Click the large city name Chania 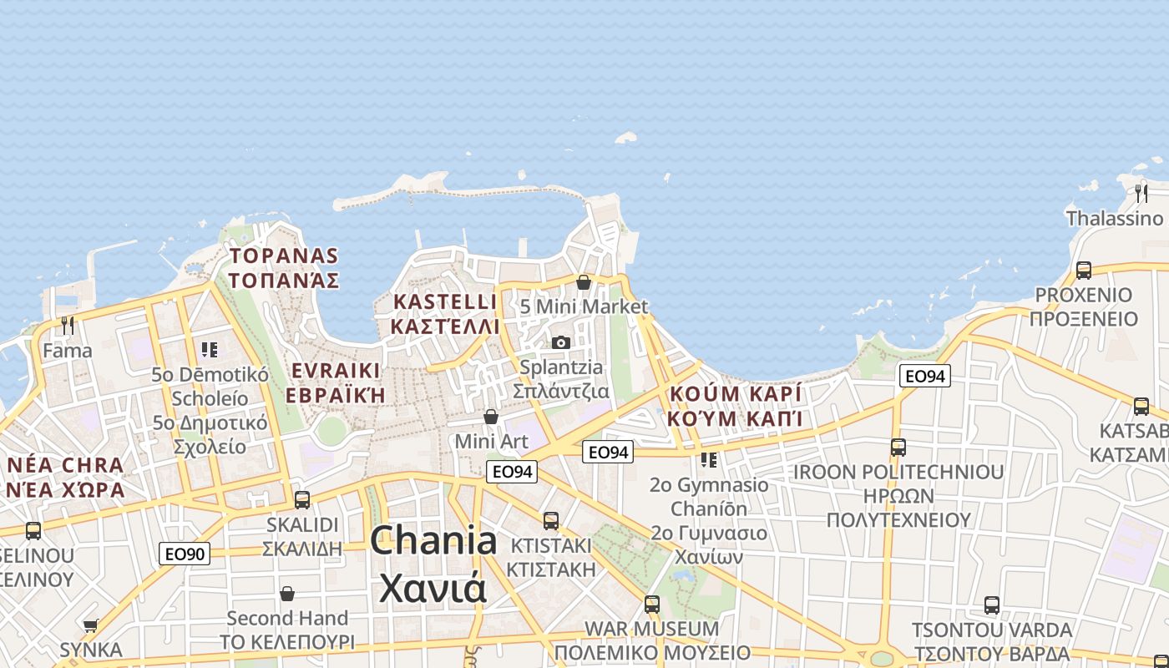[x=433, y=541]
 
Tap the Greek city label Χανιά [x=433, y=587]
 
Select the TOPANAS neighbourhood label [x=284, y=256]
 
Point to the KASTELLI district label [x=445, y=301]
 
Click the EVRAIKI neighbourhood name [x=336, y=371]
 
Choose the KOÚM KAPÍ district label [x=735, y=393]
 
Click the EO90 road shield [x=185, y=553]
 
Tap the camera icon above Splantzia [x=561, y=342]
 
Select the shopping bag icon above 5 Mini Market [x=584, y=282]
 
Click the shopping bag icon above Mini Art [x=491, y=416]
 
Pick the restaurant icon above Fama [x=68, y=326]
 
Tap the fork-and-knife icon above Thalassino [x=1141, y=194]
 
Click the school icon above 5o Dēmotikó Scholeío [x=210, y=349]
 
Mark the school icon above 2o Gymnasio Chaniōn [x=709, y=459]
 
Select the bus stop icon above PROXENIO [x=1083, y=270]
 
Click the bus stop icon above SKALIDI [x=302, y=499]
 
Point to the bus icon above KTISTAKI [x=551, y=520]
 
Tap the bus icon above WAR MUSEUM [x=652, y=603]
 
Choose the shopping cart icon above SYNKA [x=91, y=625]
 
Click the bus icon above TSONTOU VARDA [x=991, y=605]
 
